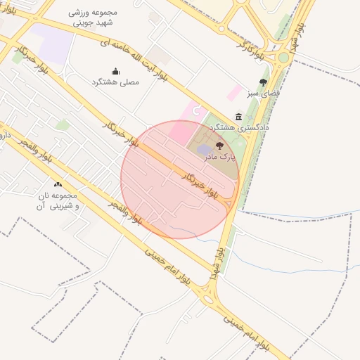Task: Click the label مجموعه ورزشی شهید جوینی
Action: [94, 18]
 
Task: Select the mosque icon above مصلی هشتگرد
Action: [116, 71]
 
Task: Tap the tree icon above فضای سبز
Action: [263, 82]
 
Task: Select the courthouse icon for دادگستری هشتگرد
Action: [239, 117]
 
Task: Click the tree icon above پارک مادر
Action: [220, 146]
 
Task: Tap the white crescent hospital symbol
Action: [196, 110]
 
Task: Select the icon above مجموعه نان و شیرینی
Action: [58, 184]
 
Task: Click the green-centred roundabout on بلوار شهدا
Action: [283, 57]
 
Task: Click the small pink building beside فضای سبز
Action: [234, 92]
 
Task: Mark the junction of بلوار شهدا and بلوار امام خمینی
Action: [208, 298]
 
